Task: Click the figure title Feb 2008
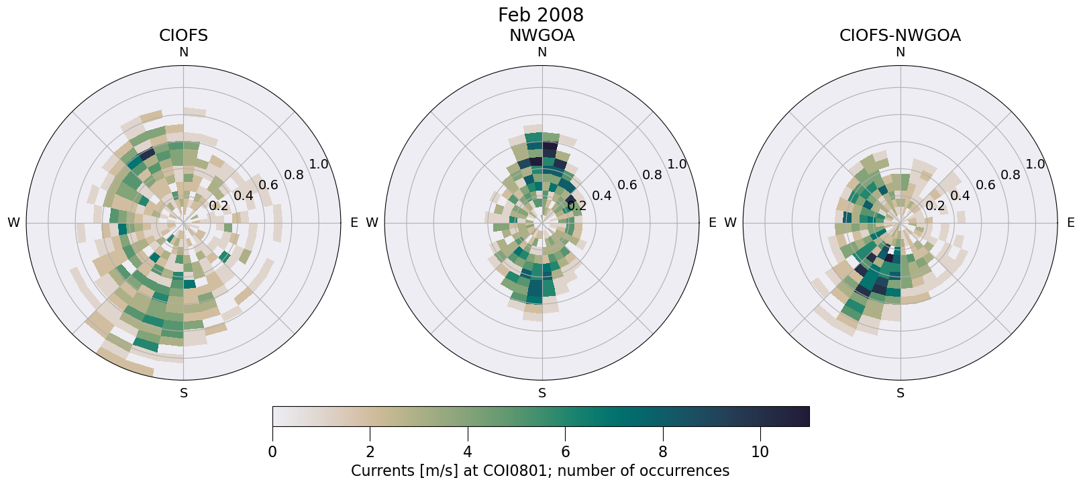click(540, 15)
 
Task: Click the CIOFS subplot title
click(183, 36)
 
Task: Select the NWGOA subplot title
click(542, 36)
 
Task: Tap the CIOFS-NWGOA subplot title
click(900, 36)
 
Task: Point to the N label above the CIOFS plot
click(183, 52)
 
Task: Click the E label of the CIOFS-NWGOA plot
click(1070, 223)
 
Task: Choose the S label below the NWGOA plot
click(542, 393)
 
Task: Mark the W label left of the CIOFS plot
click(13, 223)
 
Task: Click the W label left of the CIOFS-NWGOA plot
click(730, 223)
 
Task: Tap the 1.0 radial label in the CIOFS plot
click(319, 164)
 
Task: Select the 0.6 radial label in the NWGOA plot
click(627, 185)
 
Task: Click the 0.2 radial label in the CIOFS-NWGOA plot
click(935, 205)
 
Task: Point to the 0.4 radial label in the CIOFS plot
click(244, 195)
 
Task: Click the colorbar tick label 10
click(760, 452)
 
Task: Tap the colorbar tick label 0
click(272, 452)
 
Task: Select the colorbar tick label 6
click(565, 452)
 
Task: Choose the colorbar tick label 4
click(467, 452)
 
